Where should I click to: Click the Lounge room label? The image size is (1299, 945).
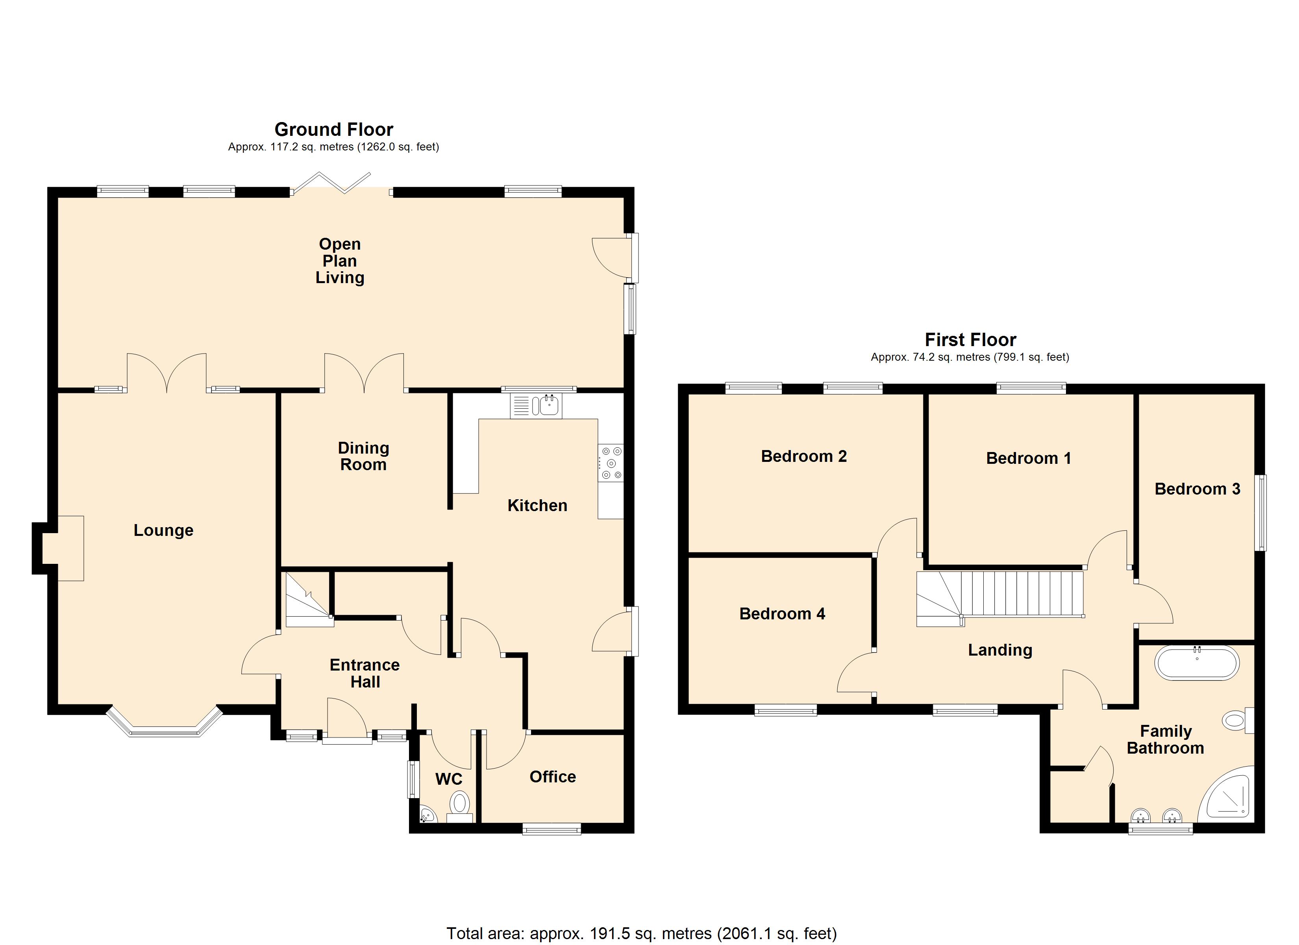[x=163, y=531]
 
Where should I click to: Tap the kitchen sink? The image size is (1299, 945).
[x=536, y=406]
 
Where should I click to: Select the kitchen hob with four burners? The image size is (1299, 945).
[x=611, y=463]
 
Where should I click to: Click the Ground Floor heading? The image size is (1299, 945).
[x=334, y=130]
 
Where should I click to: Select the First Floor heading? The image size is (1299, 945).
[x=970, y=340]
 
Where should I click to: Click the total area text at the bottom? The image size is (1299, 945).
[x=642, y=934]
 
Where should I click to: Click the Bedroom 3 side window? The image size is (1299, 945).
[x=1261, y=513]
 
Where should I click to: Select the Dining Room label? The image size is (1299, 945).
[x=363, y=456]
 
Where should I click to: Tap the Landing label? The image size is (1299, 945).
[x=1000, y=650]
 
